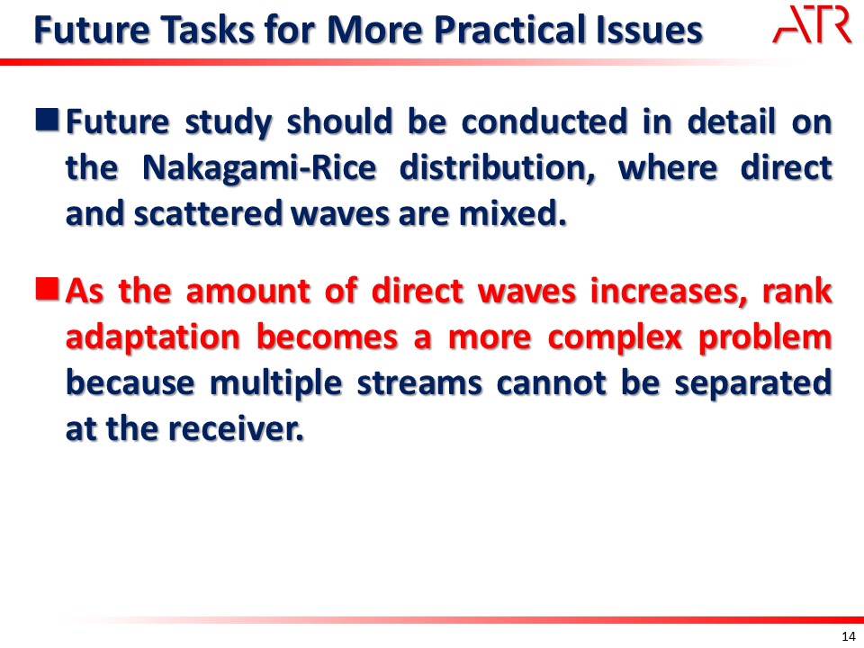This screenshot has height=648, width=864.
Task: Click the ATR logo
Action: click(x=812, y=24)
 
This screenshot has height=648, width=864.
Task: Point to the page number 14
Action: click(x=849, y=636)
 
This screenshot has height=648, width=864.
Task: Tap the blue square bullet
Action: click(x=48, y=120)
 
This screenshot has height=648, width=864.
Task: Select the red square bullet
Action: click(x=48, y=289)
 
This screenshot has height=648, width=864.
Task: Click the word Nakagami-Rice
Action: click(x=259, y=168)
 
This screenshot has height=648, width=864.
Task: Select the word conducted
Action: click(x=544, y=121)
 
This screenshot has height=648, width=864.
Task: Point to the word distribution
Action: click(x=497, y=167)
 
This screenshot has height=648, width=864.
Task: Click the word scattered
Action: click(x=208, y=213)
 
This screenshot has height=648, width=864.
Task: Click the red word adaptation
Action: click(x=153, y=337)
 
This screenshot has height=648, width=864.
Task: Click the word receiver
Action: click(x=235, y=428)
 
